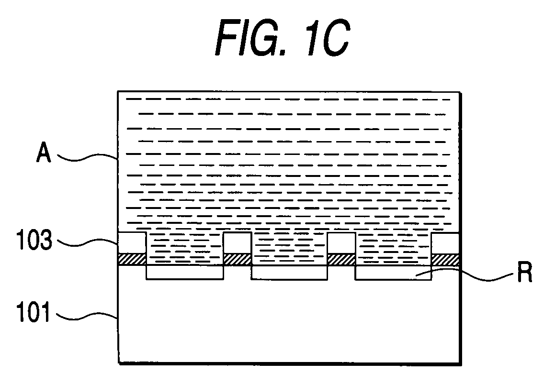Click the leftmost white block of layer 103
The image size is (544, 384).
[x=132, y=243]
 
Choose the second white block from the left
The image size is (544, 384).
[x=237, y=243]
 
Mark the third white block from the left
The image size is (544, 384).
[x=341, y=243]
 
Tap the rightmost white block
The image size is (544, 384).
[x=446, y=243]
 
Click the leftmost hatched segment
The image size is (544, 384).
[x=132, y=259]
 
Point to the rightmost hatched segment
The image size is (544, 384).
[x=446, y=259]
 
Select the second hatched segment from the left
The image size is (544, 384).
[x=237, y=259]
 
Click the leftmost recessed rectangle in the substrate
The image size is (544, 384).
[x=184, y=272]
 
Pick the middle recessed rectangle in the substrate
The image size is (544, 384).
[x=289, y=272]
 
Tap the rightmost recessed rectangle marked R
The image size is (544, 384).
[x=393, y=272]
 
